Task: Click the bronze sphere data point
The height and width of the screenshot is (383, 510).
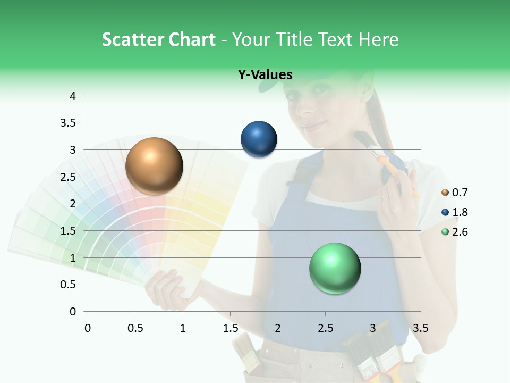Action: [x=154, y=166]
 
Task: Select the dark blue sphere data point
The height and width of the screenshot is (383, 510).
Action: [x=259, y=139]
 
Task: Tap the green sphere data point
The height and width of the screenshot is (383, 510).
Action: [x=335, y=268]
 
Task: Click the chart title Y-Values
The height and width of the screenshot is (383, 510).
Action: [x=265, y=74]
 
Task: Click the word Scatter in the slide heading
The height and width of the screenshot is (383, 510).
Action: [x=132, y=39]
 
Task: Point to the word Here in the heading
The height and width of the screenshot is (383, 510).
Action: [x=378, y=39]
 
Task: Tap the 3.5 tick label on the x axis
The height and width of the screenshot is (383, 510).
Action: [x=420, y=328]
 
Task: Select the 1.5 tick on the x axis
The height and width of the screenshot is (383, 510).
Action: [x=231, y=328]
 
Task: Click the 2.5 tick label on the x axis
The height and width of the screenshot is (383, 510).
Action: [x=325, y=328]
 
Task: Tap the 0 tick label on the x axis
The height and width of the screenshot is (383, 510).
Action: [x=88, y=328]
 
